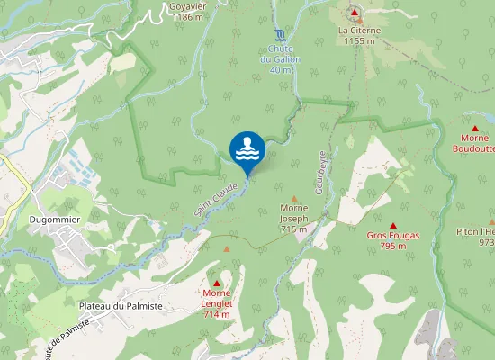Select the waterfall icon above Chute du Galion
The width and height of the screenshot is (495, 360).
(281, 34)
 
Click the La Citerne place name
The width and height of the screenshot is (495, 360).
(360, 30)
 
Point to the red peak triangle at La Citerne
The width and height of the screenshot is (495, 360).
(355, 13)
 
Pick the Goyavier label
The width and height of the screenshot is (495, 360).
(188, 5)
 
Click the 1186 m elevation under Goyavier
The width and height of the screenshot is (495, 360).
(188, 16)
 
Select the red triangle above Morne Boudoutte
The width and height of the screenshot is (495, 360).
(475, 128)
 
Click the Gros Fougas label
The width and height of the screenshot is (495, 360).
(393, 235)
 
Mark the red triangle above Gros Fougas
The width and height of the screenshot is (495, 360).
(393, 224)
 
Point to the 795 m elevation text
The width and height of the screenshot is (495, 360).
(393, 246)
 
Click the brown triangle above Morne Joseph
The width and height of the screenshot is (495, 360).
(293, 198)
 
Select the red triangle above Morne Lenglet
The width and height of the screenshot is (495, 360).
(217, 283)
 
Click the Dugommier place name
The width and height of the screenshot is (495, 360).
(55, 219)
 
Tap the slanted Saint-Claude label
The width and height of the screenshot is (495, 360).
(215, 198)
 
